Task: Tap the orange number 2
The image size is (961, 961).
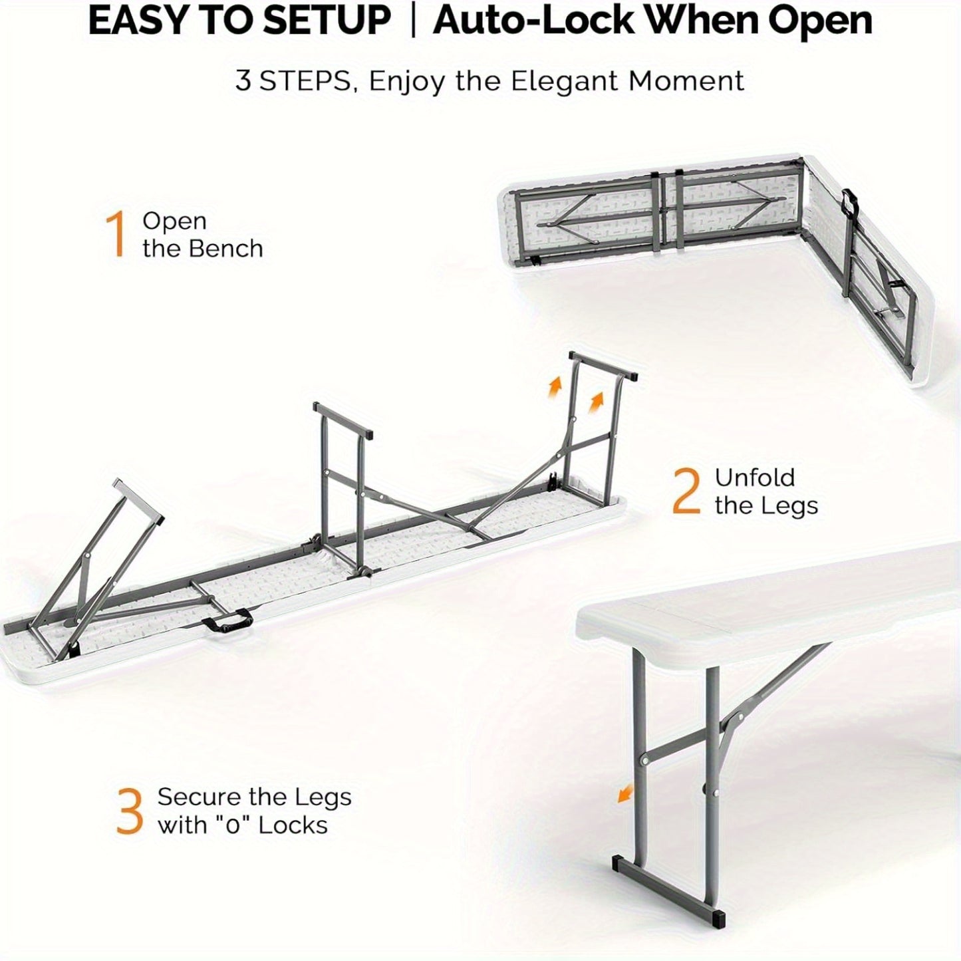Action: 687,491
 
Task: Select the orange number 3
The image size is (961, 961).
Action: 130,812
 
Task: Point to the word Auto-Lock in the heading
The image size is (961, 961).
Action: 534,21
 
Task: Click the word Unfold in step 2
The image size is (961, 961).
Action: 755,478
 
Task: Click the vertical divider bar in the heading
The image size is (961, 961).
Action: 412,20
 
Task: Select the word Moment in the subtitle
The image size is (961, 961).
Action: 687,80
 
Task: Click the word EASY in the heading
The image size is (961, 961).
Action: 131,21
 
